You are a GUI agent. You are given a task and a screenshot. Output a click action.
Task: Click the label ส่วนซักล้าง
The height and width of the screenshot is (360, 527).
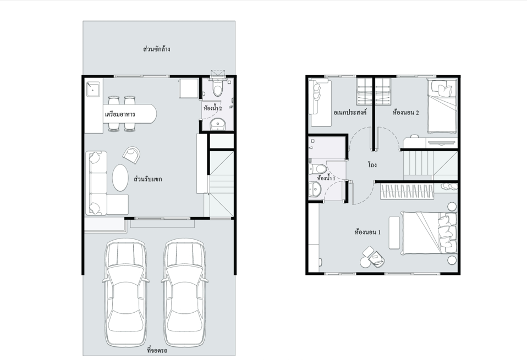(157, 49)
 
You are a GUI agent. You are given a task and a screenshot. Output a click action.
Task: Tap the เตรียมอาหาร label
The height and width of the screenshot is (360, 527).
(120, 114)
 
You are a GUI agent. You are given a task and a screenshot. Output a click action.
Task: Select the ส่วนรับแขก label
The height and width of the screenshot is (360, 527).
(148, 179)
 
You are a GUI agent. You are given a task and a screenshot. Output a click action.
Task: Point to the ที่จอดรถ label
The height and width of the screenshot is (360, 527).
(157, 351)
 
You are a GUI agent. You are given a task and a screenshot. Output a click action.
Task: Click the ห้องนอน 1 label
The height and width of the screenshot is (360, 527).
(367, 232)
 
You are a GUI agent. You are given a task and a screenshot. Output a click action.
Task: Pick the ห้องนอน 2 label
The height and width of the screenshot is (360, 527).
(405, 113)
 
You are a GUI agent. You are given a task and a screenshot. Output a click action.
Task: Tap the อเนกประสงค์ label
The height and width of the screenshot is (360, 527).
(350, 112)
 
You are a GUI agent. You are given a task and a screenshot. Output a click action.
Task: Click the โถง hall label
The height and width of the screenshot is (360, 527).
(372, 165)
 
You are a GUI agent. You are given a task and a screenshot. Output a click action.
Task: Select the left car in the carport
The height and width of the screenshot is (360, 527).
(126, 292)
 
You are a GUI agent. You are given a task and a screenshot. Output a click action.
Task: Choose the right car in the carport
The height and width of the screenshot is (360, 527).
(184, 292)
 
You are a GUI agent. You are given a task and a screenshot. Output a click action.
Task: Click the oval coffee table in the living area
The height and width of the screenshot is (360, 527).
(120, 177)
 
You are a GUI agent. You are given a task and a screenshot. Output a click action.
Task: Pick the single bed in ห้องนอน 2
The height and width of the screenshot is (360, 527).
(442, 106)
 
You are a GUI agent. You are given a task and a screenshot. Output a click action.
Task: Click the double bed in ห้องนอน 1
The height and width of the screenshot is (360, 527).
(429, 232)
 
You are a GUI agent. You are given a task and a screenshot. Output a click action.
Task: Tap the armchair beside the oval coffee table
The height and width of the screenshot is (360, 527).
(131, 155)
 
